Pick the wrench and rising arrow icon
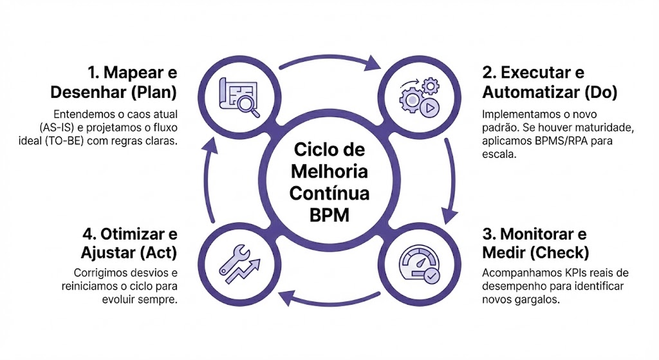(x=239, y=262)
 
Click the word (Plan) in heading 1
(x=153, y=92)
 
